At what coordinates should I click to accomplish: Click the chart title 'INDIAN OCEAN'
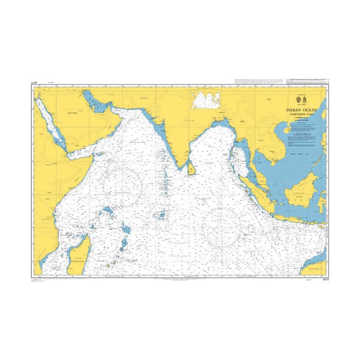click(x=302, y=110)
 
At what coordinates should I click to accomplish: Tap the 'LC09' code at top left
click(x=34, y=82)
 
